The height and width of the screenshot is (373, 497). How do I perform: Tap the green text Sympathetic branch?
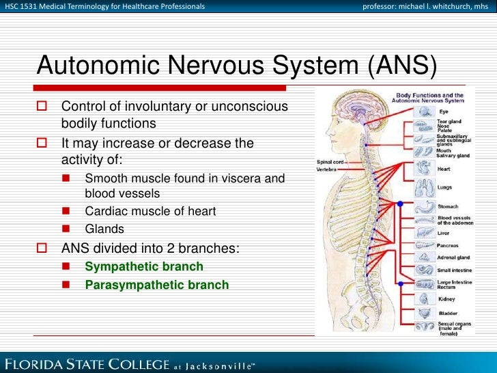tap(143, 266)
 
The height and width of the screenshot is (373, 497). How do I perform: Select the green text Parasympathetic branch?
tap(156, 285)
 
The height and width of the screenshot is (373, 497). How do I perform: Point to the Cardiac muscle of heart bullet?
tap(150, 212)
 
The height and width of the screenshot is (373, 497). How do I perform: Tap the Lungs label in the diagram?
tap(445, 186)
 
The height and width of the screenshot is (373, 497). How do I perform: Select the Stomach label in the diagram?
tap(448, 206)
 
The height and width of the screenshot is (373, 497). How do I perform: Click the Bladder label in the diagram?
tap(447, 314)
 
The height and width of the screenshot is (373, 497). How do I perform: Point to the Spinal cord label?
tap(329, 162)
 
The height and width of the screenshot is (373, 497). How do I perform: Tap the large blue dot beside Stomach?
tap(400, 204)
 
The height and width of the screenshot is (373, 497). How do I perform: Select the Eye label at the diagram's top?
tap(444, 111)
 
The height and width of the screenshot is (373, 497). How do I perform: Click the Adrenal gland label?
tap(452, 258)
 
